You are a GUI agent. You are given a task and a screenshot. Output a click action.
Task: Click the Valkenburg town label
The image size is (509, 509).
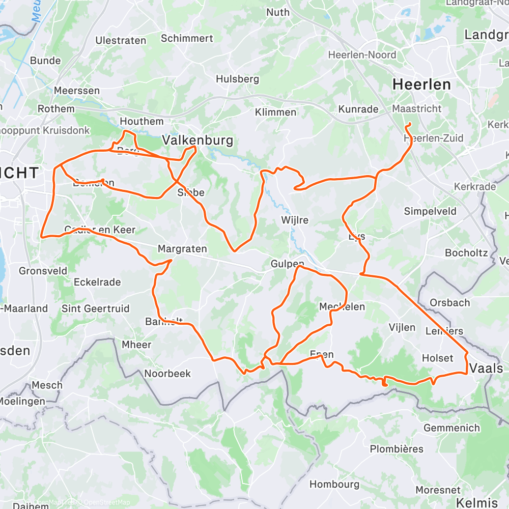tap(197, 140)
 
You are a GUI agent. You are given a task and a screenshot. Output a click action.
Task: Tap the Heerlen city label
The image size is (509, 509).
tap(421, 84)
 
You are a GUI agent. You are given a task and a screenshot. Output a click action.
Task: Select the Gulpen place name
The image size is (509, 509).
tap(287, 264)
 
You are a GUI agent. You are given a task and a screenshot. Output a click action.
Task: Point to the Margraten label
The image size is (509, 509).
tap(182, 249)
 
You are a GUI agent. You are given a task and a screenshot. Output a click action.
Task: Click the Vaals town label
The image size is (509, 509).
tap(486, 368)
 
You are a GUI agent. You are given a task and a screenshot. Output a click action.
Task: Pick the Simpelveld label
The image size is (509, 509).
tap(430, 211)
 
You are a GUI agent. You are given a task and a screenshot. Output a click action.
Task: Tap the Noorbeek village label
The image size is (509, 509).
tap(167, 373)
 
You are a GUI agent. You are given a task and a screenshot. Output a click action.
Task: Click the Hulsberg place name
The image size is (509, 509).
tap(237, 79)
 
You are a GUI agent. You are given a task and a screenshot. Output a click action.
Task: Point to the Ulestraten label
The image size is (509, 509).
tap(121, 40)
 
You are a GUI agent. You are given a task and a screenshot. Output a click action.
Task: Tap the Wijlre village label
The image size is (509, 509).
tap(295, 220)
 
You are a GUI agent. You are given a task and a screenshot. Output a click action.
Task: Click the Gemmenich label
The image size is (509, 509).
tap(451, 428)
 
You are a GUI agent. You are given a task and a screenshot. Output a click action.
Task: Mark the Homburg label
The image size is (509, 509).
tap(334, 484)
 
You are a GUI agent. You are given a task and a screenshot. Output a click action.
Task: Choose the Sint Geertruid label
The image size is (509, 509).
tap(95, 308)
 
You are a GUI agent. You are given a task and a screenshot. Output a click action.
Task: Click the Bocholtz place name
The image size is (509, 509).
tap(466, 253)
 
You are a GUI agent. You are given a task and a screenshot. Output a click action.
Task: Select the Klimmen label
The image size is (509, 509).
tap(276, 112)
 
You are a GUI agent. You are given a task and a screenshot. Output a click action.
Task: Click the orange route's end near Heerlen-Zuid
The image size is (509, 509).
tap(408, 125)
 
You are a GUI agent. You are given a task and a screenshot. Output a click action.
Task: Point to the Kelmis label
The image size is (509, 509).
tap(476, 502)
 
